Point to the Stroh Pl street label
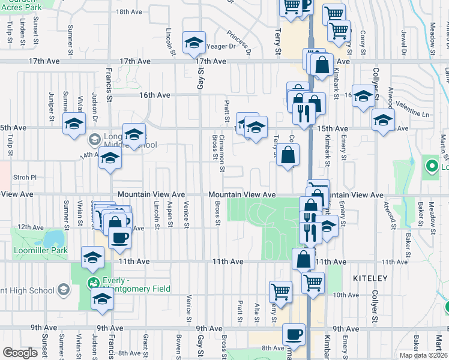(x=25, y=178)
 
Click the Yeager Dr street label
(x=222, y=46)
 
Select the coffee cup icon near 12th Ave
(x=119, y=237)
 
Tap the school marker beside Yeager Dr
(x=194, y=43)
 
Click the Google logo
(x=20, y=353)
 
